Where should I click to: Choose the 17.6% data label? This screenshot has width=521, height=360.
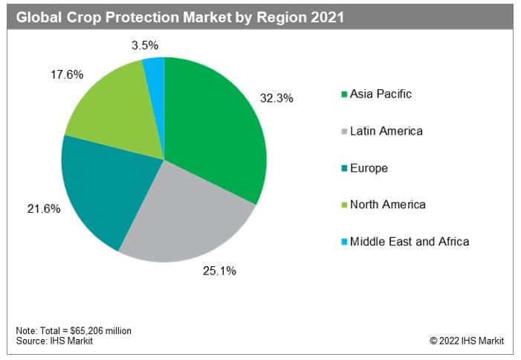pos(66,75)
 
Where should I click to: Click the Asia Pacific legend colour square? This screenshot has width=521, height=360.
pos(344,94)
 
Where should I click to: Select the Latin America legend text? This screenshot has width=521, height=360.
pos(386,131)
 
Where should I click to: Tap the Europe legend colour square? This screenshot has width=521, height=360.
pos(344,169)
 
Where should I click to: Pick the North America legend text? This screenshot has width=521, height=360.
pos(388,205)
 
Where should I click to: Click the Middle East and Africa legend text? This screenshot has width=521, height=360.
pos(410,241)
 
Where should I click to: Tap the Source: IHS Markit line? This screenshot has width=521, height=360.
pos(47,341)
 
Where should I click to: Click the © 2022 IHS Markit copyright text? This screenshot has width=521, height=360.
pos(466,341)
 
